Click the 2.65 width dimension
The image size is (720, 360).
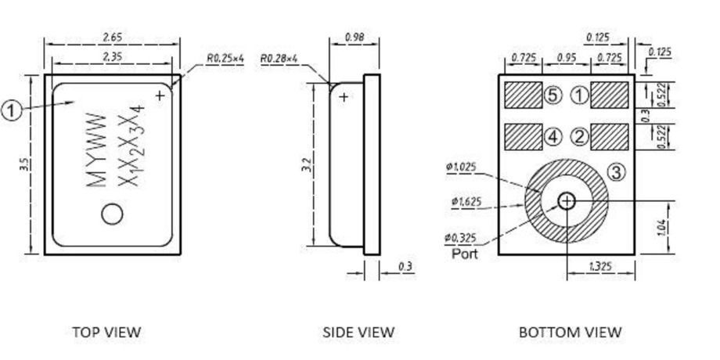113,37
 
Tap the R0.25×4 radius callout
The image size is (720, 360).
225,59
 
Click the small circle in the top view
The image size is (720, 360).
113,213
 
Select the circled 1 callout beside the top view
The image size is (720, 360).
11,110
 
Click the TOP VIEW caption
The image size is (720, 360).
106,332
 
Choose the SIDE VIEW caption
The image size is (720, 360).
358,332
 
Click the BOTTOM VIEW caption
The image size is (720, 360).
571,332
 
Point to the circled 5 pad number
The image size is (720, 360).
553,95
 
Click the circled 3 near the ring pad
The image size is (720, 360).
617,172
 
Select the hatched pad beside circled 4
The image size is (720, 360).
523,137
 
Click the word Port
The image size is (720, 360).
464,254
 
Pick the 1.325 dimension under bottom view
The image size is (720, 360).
600,267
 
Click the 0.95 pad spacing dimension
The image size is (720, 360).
567,58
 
